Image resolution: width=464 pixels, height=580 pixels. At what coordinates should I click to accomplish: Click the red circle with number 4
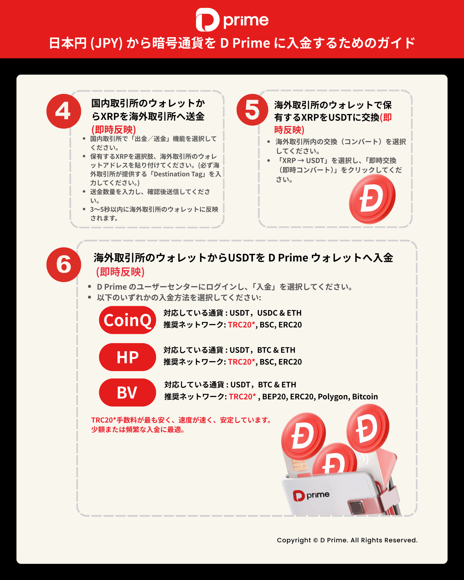64,111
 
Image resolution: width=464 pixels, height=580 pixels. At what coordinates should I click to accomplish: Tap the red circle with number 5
252,110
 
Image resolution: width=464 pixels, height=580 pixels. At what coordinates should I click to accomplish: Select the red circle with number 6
64,265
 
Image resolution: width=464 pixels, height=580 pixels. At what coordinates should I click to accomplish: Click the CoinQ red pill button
128,320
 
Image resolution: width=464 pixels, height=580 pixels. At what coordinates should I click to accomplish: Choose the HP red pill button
128,357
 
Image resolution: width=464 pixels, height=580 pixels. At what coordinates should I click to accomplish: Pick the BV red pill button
128,392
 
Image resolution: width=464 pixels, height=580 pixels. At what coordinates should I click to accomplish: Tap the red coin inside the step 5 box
372,199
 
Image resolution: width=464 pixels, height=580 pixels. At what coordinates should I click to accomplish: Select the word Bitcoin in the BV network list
365,396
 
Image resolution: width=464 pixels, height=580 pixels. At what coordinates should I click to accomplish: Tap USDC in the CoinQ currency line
267,313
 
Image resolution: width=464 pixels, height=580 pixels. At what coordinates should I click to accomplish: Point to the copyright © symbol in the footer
316,540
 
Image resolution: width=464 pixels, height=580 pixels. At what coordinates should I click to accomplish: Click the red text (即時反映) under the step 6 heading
120,272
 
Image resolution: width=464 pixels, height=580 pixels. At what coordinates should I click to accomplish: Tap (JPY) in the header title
106,43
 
